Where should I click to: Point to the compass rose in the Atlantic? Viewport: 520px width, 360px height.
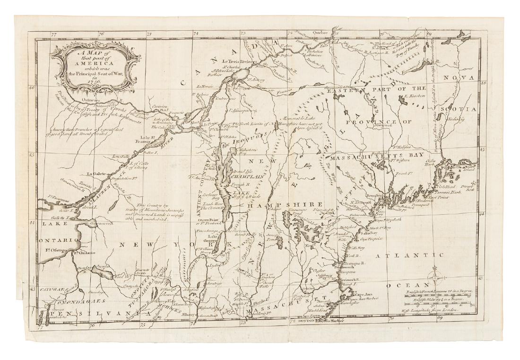(x=435, y=277)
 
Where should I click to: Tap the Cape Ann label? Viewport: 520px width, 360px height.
(x=359, y=293)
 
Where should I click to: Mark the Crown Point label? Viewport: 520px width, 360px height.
(x=208, y=220)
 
